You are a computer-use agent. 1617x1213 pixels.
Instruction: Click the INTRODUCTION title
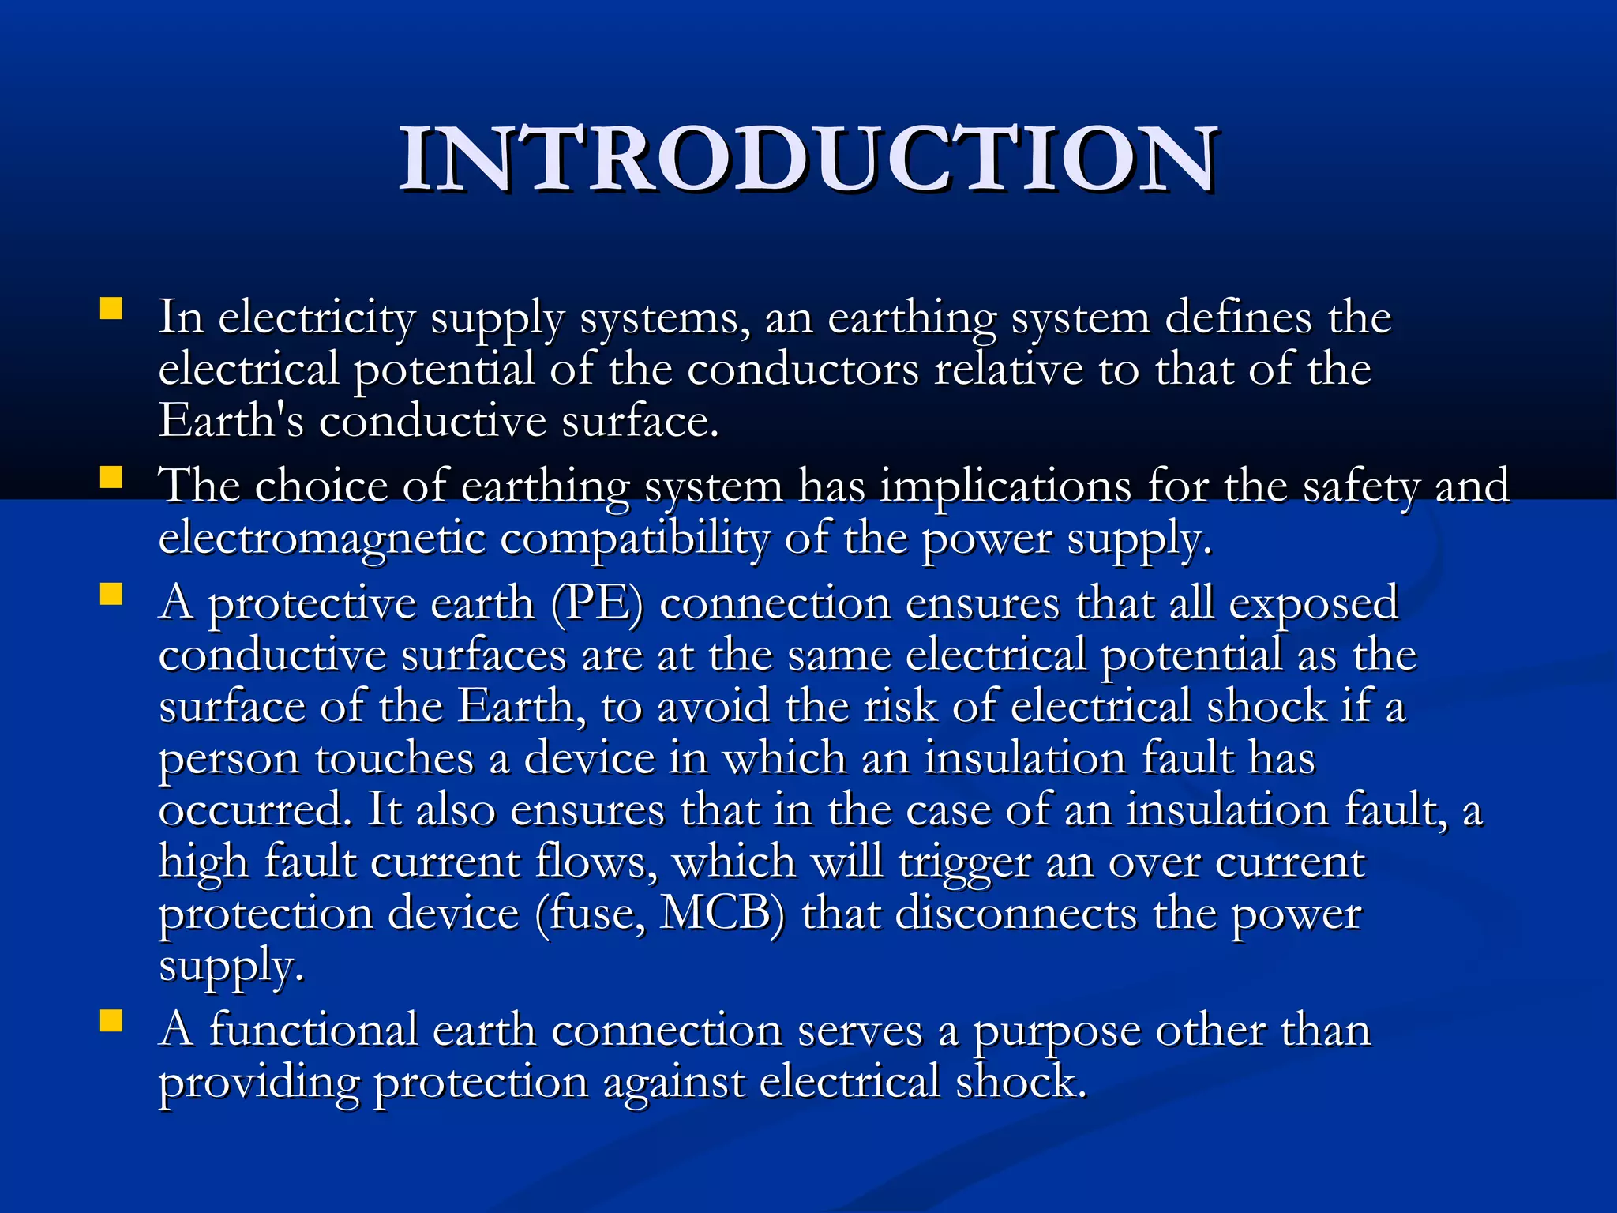point(808,160)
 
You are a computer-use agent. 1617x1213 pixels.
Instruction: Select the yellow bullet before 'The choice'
point(111,476)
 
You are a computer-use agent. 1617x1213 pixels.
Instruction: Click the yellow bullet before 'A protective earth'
point(111,594)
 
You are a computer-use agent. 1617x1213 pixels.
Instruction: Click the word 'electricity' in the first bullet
point(316,318)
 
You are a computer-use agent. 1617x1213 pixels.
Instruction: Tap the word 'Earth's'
point(231,420)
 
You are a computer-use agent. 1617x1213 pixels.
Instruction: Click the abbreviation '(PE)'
point(597,605)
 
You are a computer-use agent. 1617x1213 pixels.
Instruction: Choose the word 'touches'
point(395,759)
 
